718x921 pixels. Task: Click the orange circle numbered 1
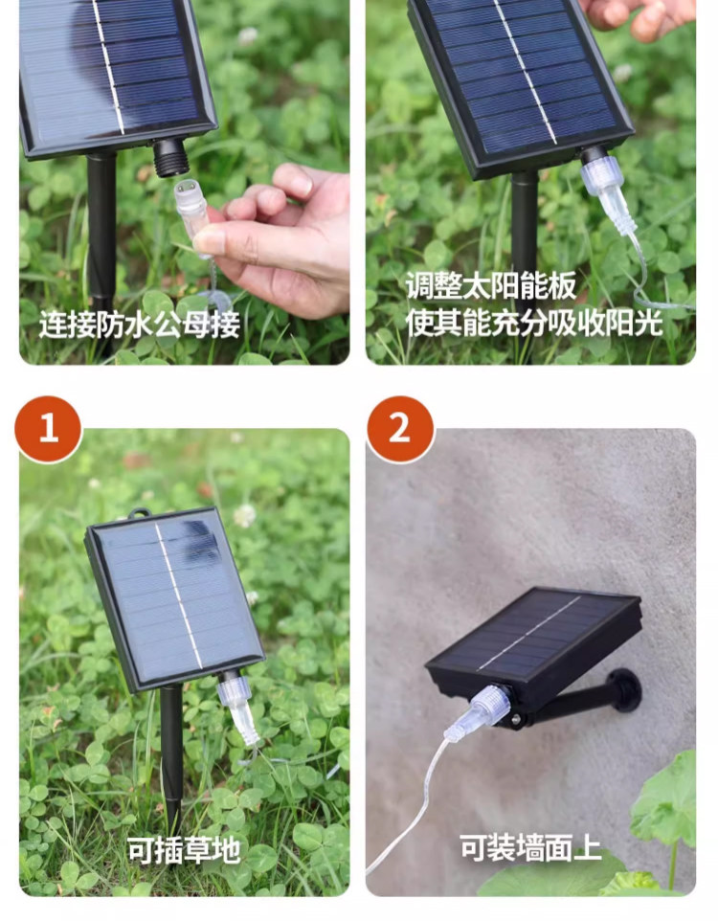click(48, 429)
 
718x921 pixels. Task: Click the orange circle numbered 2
click(400, 429)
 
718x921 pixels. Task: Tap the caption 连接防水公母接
click(140, 325)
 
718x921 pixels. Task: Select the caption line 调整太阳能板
click(490, 286)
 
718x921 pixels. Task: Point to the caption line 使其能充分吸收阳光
click(534, 323)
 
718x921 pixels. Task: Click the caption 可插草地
click(184, 849)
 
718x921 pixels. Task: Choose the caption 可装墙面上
click(530, 847)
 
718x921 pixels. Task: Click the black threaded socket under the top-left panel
click(171, 157)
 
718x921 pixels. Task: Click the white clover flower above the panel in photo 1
click(244, 516)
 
